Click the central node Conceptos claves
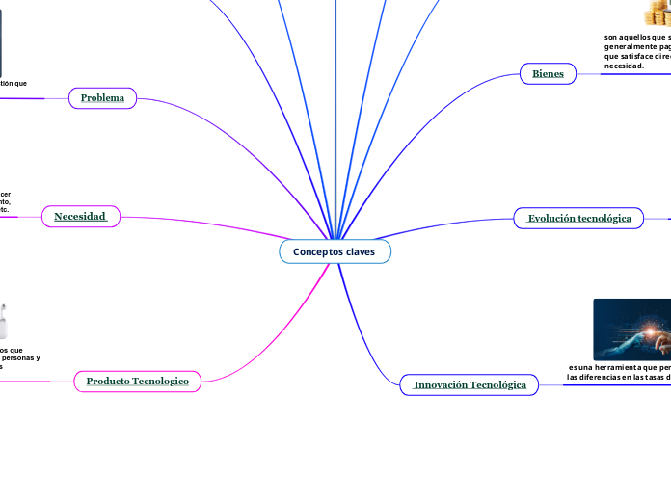[x=335, y=251]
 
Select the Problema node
[x=102, y=98]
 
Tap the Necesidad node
[x=80, y=217]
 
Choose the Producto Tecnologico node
[x=138, y=382]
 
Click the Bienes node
[x=548, y=73]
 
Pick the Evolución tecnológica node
[x=579, y=219]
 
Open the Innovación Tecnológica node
[x=470, y=385]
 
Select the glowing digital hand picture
[x=631, y=329]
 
